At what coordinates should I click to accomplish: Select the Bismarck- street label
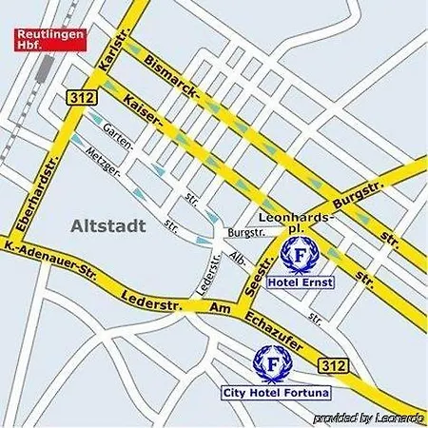tap(172, 79)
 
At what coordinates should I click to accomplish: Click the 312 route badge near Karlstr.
tap(80, 97)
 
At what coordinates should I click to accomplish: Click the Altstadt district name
tap(107, 226)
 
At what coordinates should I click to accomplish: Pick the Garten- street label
tap(118, 133)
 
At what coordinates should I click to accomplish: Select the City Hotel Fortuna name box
tap(268, 392)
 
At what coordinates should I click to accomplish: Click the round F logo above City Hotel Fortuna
tap(272, 361)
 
